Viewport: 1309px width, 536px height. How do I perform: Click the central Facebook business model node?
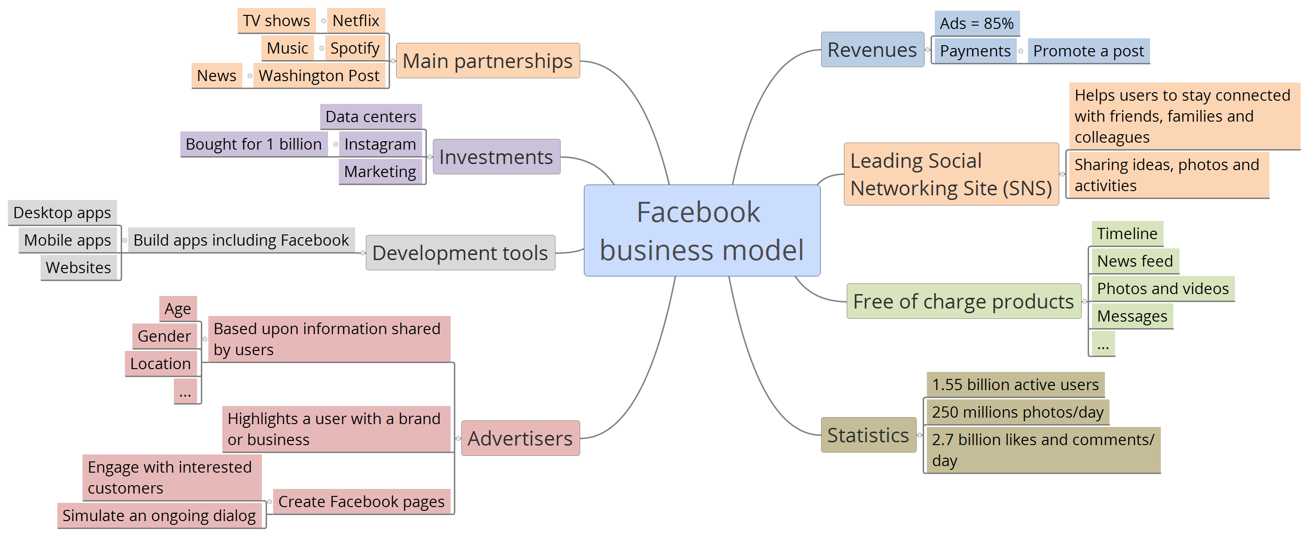(701, 231)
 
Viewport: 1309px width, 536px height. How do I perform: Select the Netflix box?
(356, 21)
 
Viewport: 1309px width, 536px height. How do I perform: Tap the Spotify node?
(355, 48)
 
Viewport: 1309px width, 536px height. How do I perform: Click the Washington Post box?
(319, 76)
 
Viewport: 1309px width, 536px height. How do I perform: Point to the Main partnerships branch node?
(487, 61)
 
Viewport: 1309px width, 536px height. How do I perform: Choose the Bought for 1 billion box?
(254, 144)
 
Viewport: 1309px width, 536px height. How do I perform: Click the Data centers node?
(370, 117)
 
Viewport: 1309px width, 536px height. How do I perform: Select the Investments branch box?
(496, 157)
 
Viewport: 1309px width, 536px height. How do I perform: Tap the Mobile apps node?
(68, 240)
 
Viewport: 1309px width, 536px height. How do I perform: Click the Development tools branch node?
(460, 253)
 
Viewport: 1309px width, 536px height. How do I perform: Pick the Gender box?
(164, 337)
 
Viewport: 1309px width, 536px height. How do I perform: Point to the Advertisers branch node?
(520, 438)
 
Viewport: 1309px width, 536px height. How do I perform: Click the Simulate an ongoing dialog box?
(159, 515)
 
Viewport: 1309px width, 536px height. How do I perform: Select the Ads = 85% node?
(976, 23)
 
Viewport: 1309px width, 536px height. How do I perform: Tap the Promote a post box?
(1089, 51)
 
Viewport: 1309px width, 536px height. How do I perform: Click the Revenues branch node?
(872, 50)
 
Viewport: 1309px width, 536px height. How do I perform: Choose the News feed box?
(1135, 261)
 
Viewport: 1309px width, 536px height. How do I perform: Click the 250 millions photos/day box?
(1017, 412)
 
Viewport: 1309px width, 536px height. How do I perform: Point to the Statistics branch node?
(868, 435)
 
